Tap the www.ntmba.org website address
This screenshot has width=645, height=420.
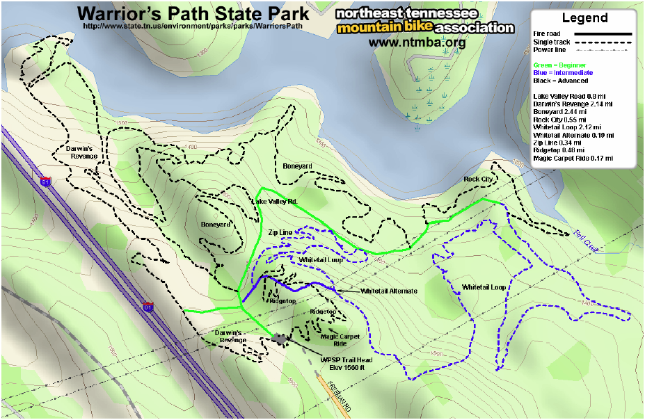417,43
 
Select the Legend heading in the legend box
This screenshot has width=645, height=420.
584,19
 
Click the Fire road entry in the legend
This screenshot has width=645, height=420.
548,34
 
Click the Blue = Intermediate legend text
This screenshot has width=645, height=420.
563,72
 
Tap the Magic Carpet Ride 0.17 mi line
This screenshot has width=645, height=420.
573,159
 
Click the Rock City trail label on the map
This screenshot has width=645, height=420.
478,179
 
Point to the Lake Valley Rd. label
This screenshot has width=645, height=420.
273,202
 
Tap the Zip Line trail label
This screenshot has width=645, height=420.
280,232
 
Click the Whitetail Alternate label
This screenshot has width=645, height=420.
389,291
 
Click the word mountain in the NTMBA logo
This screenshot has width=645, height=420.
366,29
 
